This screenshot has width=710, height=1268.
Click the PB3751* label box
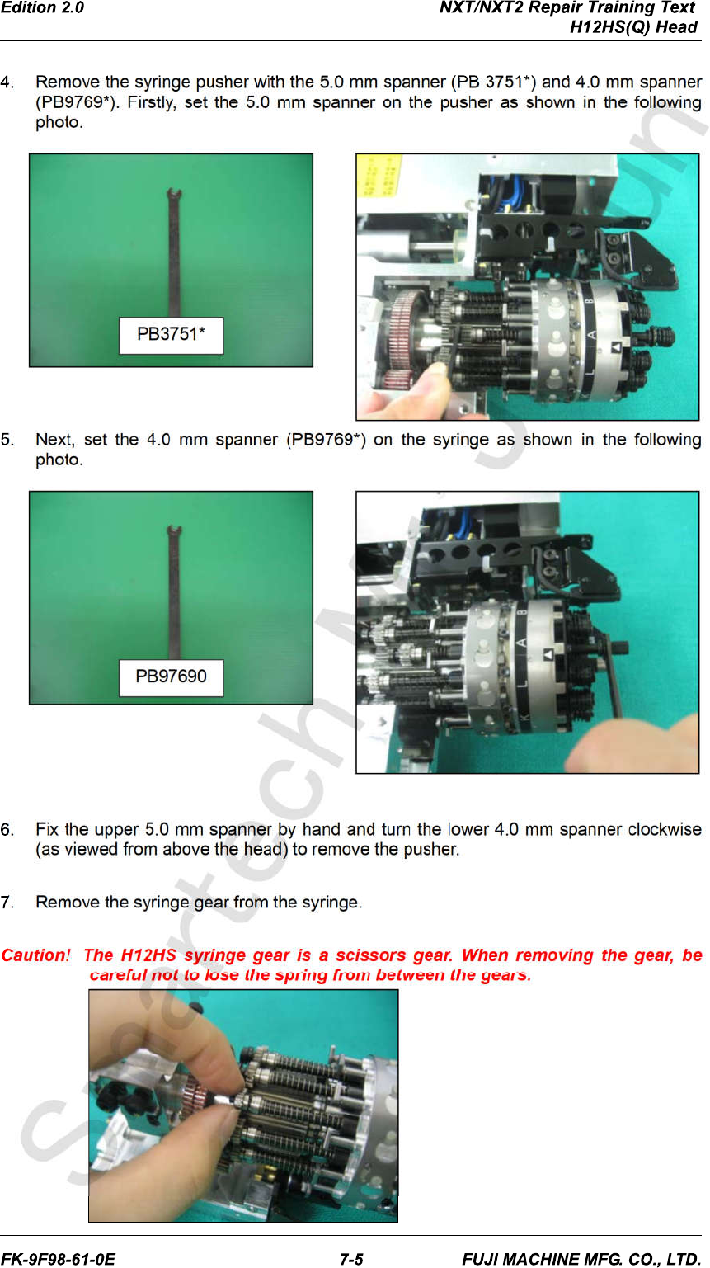[171, 336]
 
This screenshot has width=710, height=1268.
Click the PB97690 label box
[171, 677]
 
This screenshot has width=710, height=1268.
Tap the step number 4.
[7, 82]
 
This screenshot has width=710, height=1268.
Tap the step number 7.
[7, 902]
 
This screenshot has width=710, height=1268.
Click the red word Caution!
[36, 955]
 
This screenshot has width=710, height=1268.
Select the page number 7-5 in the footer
[351, 1259]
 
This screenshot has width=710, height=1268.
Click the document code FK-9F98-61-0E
[59, 1259]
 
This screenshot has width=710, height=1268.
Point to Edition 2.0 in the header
[42, 8]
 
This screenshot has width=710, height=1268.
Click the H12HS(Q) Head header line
[633, 27]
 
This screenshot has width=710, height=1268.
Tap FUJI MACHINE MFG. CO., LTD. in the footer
[581, 1259]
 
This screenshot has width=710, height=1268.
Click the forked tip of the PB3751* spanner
[174, 194]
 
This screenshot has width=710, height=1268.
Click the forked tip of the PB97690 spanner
[174, 530]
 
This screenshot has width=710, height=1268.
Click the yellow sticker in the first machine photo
[379, 176]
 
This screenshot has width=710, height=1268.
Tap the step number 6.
[7, 830]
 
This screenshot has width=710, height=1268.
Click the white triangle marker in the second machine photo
[548, 655]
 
